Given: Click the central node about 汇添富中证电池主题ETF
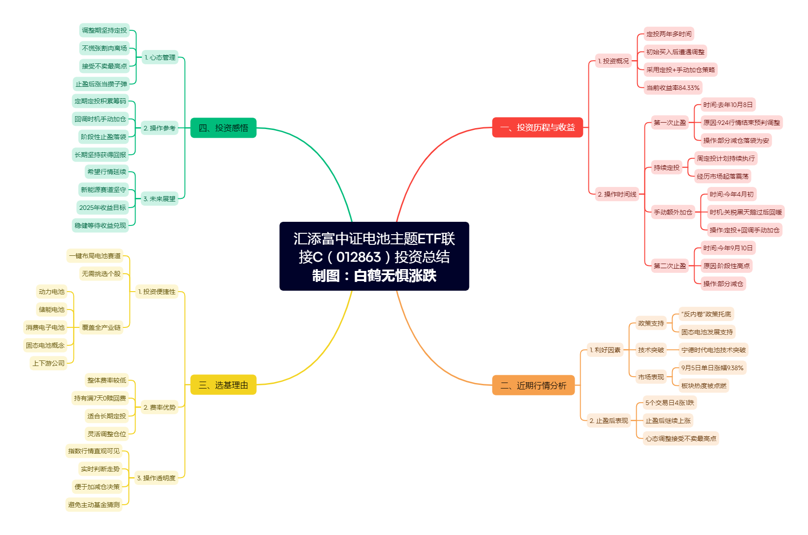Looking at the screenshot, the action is (374, 256).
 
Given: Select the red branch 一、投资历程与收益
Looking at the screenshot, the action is (537, 127).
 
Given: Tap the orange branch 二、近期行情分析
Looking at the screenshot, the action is (533, 385).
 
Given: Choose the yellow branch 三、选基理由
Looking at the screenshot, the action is (223, 385).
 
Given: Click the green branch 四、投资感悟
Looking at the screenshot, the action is (223, 128).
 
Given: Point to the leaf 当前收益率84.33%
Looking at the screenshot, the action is (673, 88).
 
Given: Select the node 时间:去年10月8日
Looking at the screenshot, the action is (728, 105).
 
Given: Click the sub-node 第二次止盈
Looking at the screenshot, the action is (670, 266).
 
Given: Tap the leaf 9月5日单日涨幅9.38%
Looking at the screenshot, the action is (712, 368).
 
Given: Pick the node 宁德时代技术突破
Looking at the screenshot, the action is (713, 350).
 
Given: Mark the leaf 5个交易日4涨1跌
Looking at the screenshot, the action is (670, 403).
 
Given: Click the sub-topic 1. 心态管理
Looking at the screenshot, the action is (160, 57).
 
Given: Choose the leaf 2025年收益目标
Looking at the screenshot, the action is (102, 208).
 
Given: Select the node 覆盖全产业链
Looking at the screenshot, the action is (101, 327).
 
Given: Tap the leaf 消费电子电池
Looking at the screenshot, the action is (45, 327).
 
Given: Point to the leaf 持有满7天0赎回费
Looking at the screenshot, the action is (100, 398).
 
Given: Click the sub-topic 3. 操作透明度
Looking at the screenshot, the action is (156, 478).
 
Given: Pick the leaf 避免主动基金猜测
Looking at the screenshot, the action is (94, 505).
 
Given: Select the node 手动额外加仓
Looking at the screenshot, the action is (673, 212).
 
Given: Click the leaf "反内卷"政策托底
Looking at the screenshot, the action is (706, 314).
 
